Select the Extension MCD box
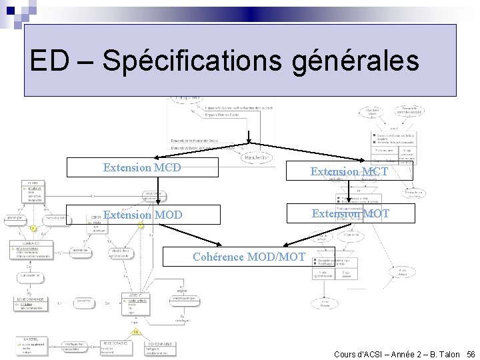(142, 167)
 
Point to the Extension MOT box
(351, 213)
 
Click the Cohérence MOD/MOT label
(249, 257)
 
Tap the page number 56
(471, 354)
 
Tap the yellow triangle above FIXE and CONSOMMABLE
(135, 331)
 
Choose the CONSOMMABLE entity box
(161, 347)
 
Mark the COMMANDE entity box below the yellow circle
(31, 251)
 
